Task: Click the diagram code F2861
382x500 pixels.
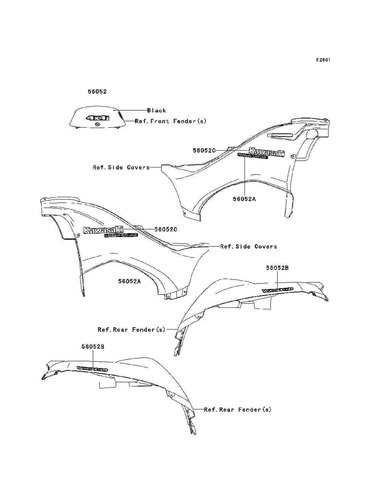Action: (x=323, y=60)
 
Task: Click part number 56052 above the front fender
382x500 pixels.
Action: (x=97, y=92)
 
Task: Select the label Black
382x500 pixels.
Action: (x=157, y=110)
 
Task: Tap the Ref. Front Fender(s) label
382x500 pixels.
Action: (x=171, y=121)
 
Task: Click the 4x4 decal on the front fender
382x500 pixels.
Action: (x=97, y=118)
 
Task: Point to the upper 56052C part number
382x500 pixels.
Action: (x=204, y=151)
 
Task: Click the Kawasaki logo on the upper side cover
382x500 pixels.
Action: (x=267, y=152)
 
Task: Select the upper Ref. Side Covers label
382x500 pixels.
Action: (x=121, y=167)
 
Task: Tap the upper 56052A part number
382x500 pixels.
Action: (x=244, y=199)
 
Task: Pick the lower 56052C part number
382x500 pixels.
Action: (x=166, y=229)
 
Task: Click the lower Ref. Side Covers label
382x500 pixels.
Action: (x=249, y=247)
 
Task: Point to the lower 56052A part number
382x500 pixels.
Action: (x=129, y=281)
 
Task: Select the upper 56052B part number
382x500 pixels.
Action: (x=277, y=268)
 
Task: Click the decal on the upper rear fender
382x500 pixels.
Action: (x=278, y=290)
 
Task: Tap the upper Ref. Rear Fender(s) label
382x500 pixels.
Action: (x=131, y=330)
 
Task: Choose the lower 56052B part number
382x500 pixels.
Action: (x=93, y=347)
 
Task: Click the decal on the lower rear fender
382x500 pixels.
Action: (x=92, y=369)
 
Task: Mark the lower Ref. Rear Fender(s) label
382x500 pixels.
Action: (x=238, y=409)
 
